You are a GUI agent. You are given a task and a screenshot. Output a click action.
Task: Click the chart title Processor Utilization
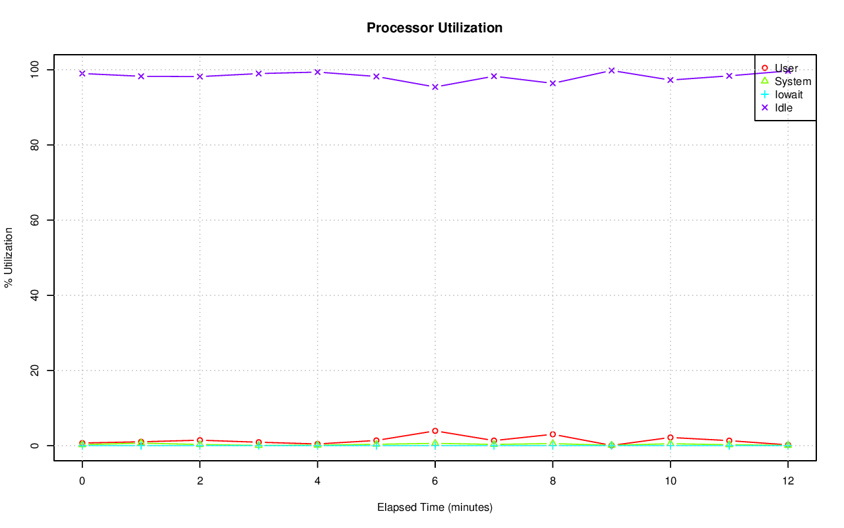435,28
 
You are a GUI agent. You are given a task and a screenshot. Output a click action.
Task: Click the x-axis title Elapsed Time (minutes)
435,508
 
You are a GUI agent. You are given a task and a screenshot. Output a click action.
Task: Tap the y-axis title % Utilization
9,257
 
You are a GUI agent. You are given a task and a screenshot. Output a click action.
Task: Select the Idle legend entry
783,107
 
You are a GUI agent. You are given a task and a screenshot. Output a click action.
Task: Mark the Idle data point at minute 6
435,87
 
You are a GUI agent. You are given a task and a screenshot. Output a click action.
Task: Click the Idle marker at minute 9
611,71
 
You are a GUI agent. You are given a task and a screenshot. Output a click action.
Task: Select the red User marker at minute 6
435,431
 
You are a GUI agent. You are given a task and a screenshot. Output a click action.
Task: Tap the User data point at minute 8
553,434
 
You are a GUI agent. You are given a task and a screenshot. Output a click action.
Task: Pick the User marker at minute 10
670,438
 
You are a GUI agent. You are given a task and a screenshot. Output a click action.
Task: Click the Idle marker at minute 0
82,73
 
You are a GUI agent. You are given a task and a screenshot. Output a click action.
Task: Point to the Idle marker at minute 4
317,72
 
